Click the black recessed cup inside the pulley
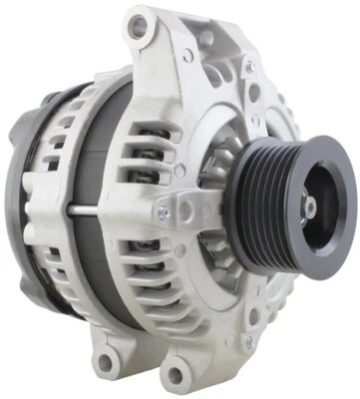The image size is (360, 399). [317, 199]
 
